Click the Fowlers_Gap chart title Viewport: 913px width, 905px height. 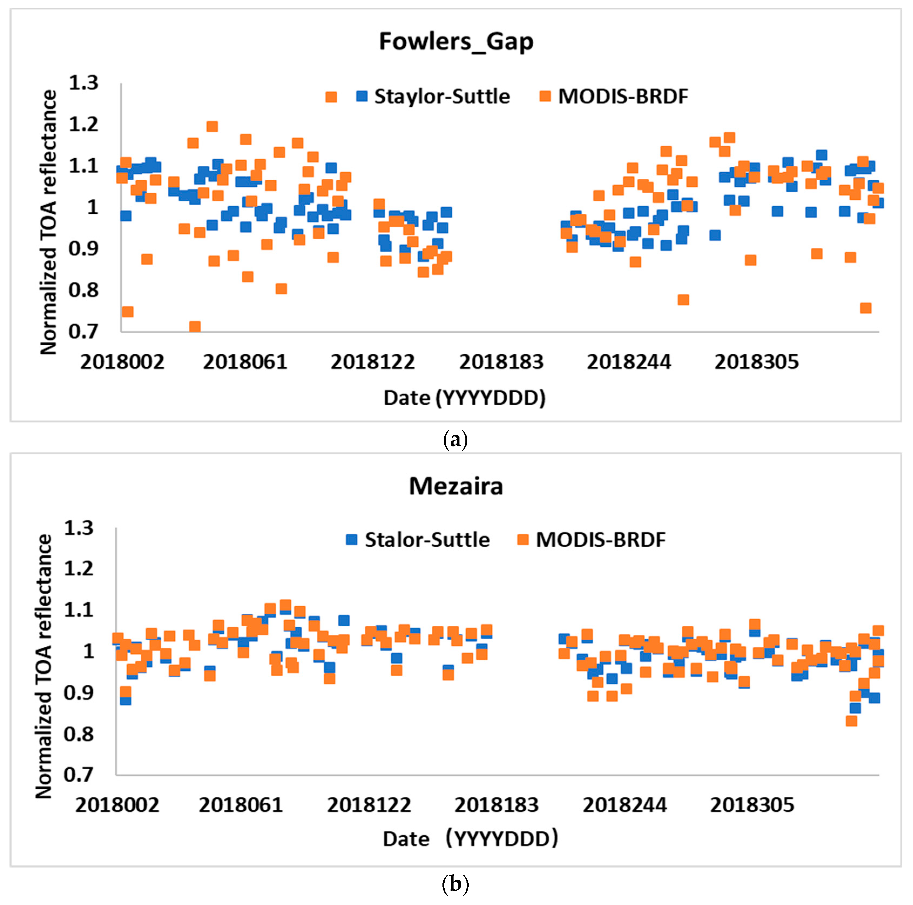point(456,42)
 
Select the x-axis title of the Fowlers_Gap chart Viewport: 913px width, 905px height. point(465,398)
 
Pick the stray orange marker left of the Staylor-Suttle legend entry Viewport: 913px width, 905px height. point(331,97)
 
